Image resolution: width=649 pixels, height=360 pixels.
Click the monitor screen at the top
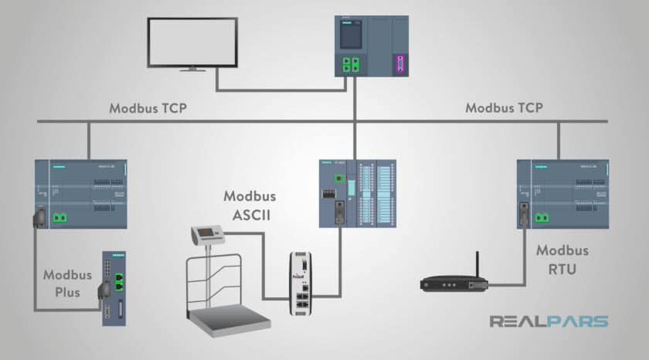tap(192, 43)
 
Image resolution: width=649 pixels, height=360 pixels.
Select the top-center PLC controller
tap(374, 46)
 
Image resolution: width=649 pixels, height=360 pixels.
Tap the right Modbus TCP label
tap(503, 108)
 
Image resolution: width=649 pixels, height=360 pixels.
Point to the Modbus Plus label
tap(68, 283)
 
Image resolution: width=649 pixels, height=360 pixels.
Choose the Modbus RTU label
tap(562, 259)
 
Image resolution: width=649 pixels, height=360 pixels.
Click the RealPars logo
tap(549, 321)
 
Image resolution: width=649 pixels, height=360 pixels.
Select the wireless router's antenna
tap(477, 263)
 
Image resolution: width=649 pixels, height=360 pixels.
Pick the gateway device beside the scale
tap(302, 285)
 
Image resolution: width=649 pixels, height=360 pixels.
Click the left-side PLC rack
tap(81, 195)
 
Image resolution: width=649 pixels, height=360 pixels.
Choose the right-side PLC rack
tap(562, 195)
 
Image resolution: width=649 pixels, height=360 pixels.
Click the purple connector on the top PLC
tap(399, 64)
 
